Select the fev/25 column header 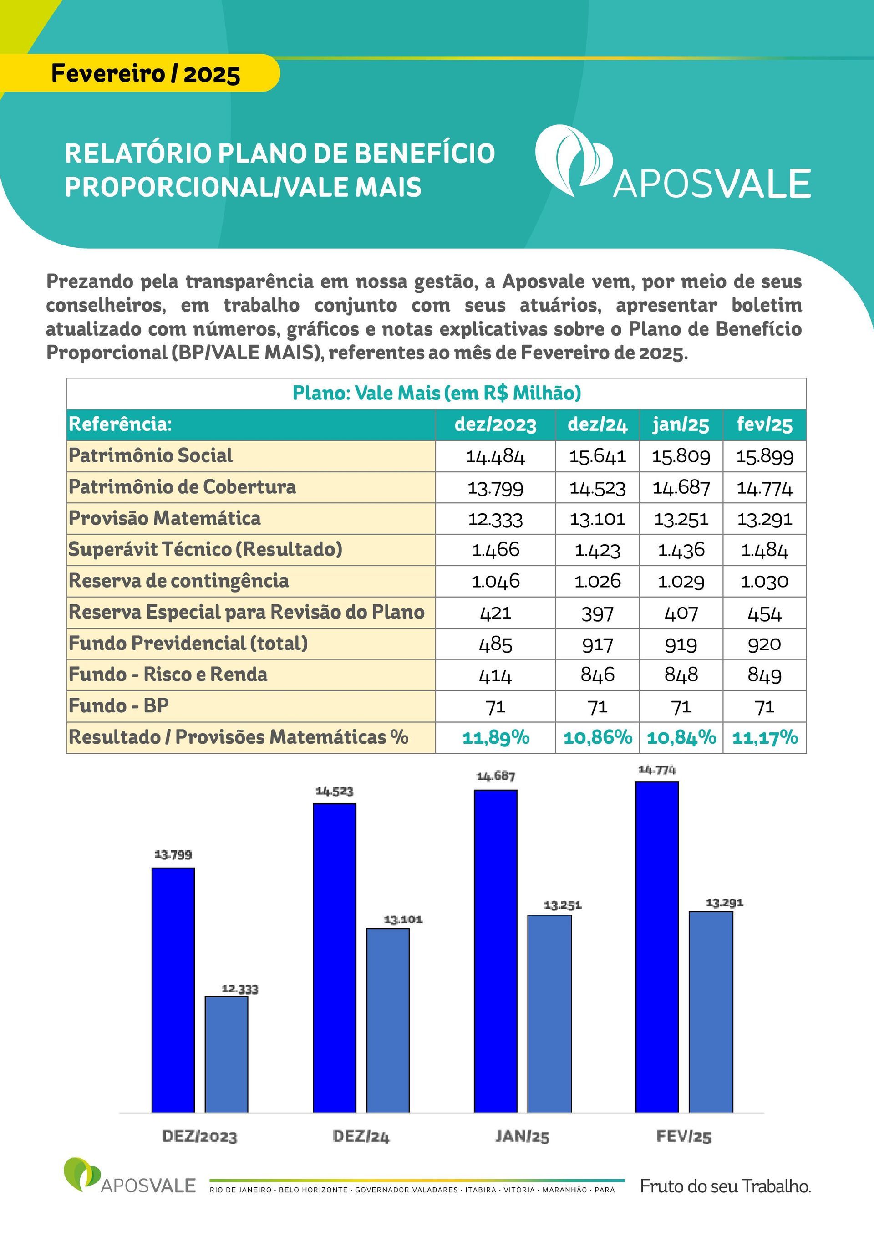click(x=764, y=424)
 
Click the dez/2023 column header click(x=495, y=424)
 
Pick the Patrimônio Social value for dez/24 click(x=597, y=457)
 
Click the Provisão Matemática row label click(x=164, y=518)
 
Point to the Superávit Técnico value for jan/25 click(x=681, y=550)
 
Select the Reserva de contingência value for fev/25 click(x=764, y=581)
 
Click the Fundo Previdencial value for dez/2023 click(x=495, y=644)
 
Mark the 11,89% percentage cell click(x=495, y=737)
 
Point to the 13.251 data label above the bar click(x=563, y=905)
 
